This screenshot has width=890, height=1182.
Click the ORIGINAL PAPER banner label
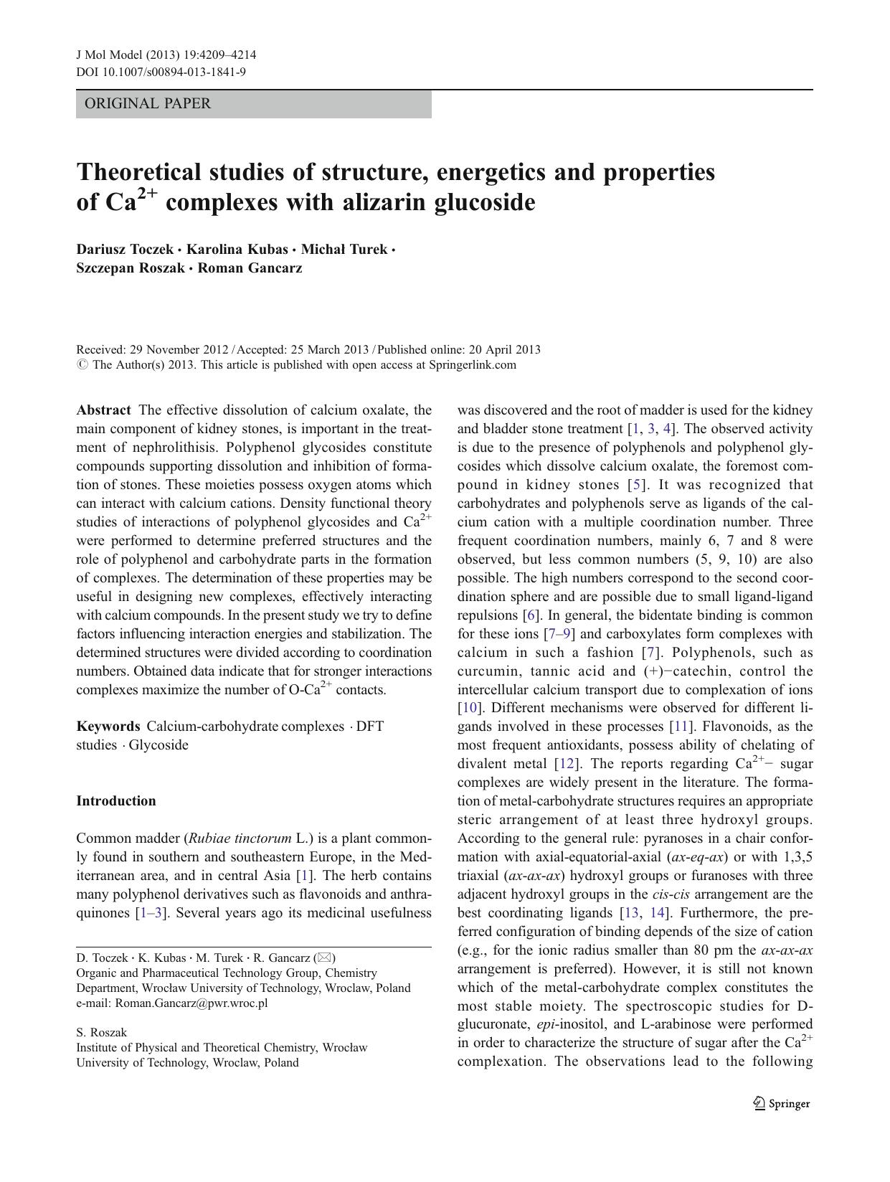(148, 103)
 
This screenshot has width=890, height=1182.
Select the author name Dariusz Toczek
(125, 250)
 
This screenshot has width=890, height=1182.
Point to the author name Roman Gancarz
(250, 268)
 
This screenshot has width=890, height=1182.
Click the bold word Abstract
(103, 410)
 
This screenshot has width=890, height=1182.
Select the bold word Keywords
(108, 726)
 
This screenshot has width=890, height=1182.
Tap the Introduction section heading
(116, 801)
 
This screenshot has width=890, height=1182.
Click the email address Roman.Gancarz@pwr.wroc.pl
(191, 1003)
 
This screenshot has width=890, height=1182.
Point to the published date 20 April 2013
(504, 350)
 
